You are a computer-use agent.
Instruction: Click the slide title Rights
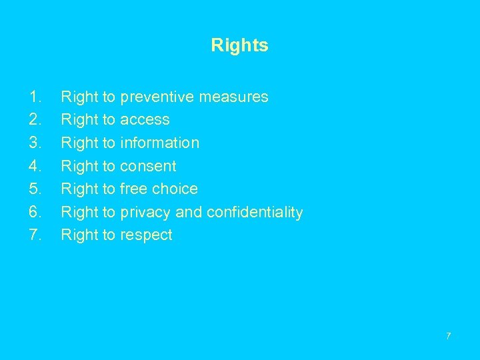click(x=239, y=45)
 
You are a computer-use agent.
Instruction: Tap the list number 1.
click(x=35, y=97)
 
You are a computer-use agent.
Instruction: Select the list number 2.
click(x=35, y=120)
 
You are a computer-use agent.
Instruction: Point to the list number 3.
click(x=35, y=143)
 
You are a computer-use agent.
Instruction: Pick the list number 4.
click(x=35, y=166)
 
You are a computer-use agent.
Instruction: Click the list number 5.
click(x=35, y=189)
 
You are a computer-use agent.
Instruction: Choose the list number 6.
click(x=35, y=212)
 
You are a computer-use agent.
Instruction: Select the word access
click(x=145, y=120)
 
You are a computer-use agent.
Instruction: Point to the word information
click(x=159, y=143)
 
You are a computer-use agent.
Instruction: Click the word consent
click(x=148, y=166)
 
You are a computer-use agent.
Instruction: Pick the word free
click(x=133, y=189)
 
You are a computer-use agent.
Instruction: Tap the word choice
click(x=175, y=189)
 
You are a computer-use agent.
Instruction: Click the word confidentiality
click(x=255, y=213)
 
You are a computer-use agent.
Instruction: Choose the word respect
click(x=146, y=235)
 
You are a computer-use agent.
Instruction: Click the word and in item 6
click(x=189, y=213)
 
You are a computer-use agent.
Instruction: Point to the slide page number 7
click(x=448, y=335)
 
